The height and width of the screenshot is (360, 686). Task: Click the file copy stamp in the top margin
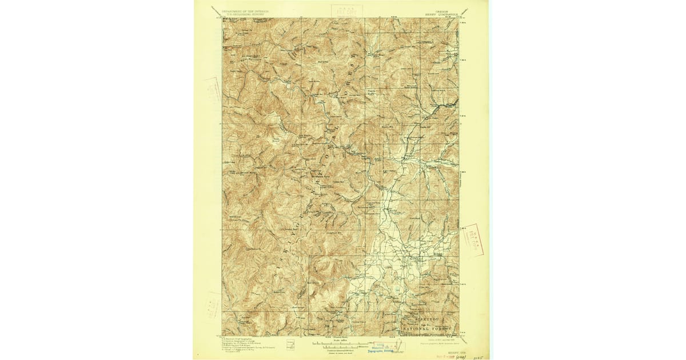click(x=342, y=11)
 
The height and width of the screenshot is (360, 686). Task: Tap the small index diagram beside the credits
click(x=290, y=345)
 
